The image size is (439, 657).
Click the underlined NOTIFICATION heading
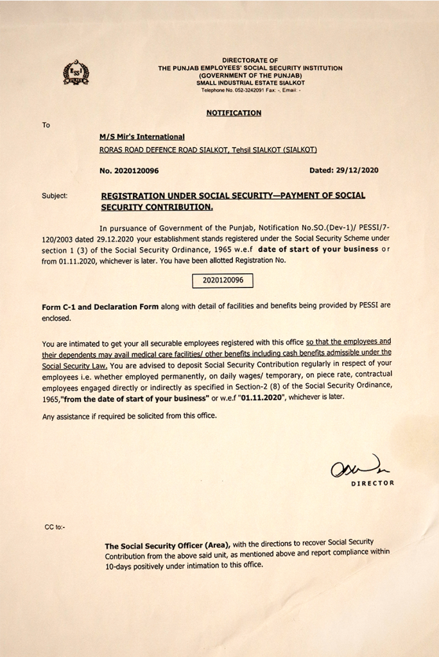click(x=234, y=113)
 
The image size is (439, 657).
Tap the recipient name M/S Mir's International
click(x=142, y=137)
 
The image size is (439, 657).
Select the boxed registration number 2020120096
click(x=223, y=280)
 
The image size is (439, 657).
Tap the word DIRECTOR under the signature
click(x=372, y=483)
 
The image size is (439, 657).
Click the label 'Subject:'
click(x=55, y=196)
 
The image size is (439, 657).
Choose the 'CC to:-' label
click(x=55, y=527)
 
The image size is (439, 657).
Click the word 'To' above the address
click(x=46, y=125)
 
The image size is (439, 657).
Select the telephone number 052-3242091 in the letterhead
click(x=242, y=90)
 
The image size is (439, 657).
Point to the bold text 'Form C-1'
click(x=61, y=307)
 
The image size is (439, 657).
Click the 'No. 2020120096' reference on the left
click(x=129, y=171)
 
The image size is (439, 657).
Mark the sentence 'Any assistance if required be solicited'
click(x=129, y=416)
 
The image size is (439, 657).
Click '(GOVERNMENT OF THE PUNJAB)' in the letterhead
click(x=250, y=76)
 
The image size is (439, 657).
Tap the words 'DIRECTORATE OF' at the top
click(x=250, y=60)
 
